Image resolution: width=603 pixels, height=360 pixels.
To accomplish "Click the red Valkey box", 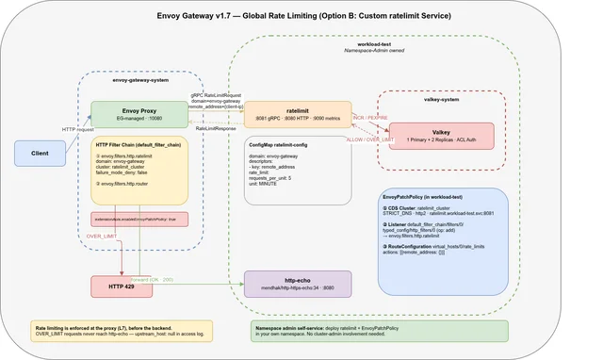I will click(x=441, y=135).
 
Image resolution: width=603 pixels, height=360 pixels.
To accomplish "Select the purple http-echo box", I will click(x=297, y=285).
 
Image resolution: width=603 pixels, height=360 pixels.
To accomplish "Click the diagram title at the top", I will click(x=301, y=17).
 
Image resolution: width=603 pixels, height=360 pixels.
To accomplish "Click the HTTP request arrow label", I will click(x=77, y=129).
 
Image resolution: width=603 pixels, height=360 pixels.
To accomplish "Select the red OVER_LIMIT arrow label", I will click(x=102, y=236).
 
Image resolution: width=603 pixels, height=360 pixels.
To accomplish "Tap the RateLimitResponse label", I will click(x=215, y=128).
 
